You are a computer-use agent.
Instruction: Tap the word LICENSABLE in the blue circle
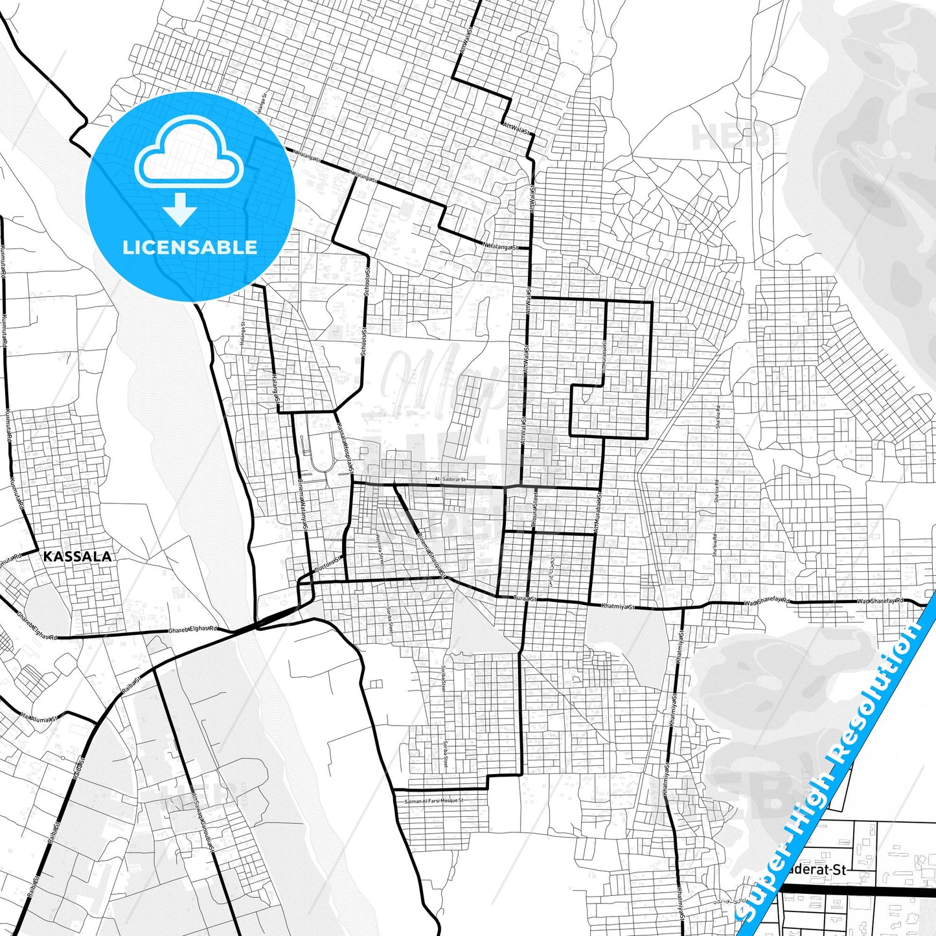[x=190, y=247]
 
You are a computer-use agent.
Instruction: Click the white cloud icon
[x=189, y=152]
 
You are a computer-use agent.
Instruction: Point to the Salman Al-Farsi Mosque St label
[x=433, y=801]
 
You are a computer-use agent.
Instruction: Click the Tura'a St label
[x=524, y=599]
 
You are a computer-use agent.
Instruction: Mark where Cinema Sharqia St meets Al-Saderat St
[x=394, y=485]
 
